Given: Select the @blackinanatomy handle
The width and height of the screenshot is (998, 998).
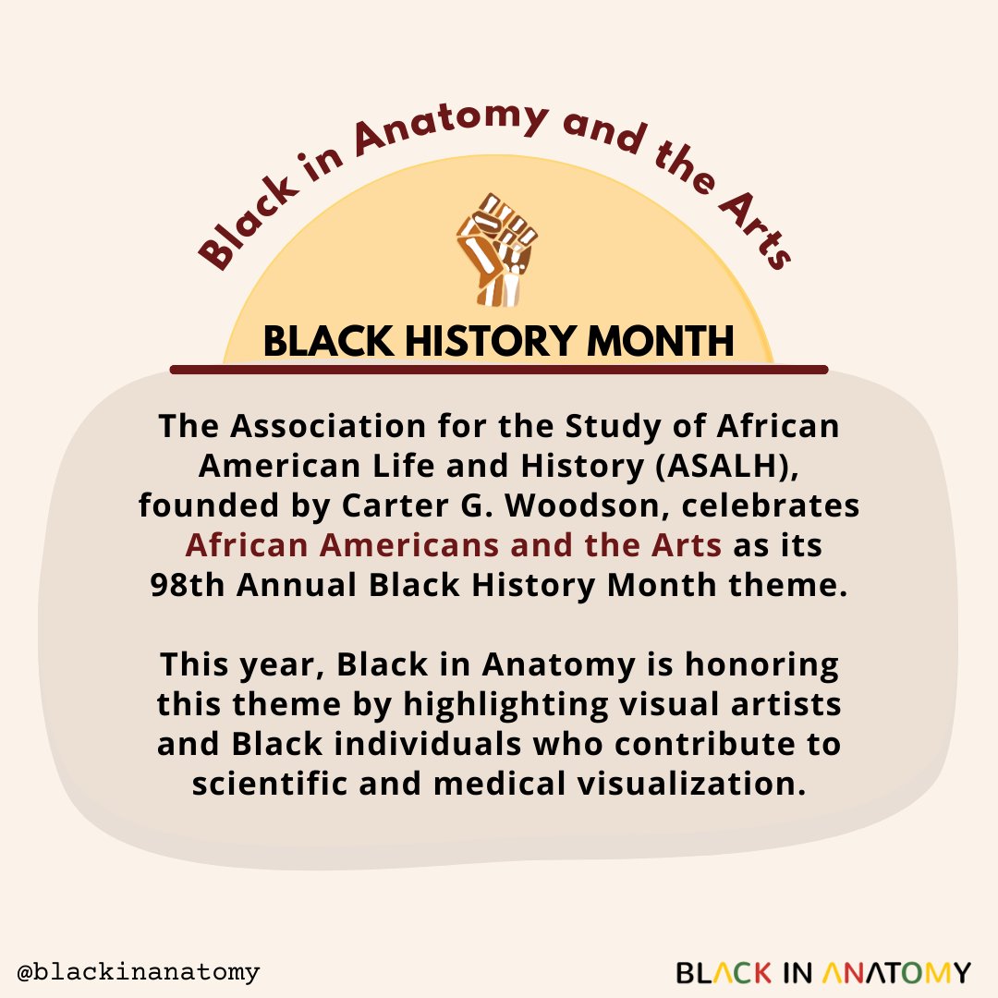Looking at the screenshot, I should click(139, 971).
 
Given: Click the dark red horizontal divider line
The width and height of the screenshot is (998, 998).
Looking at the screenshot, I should click(499, 370).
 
